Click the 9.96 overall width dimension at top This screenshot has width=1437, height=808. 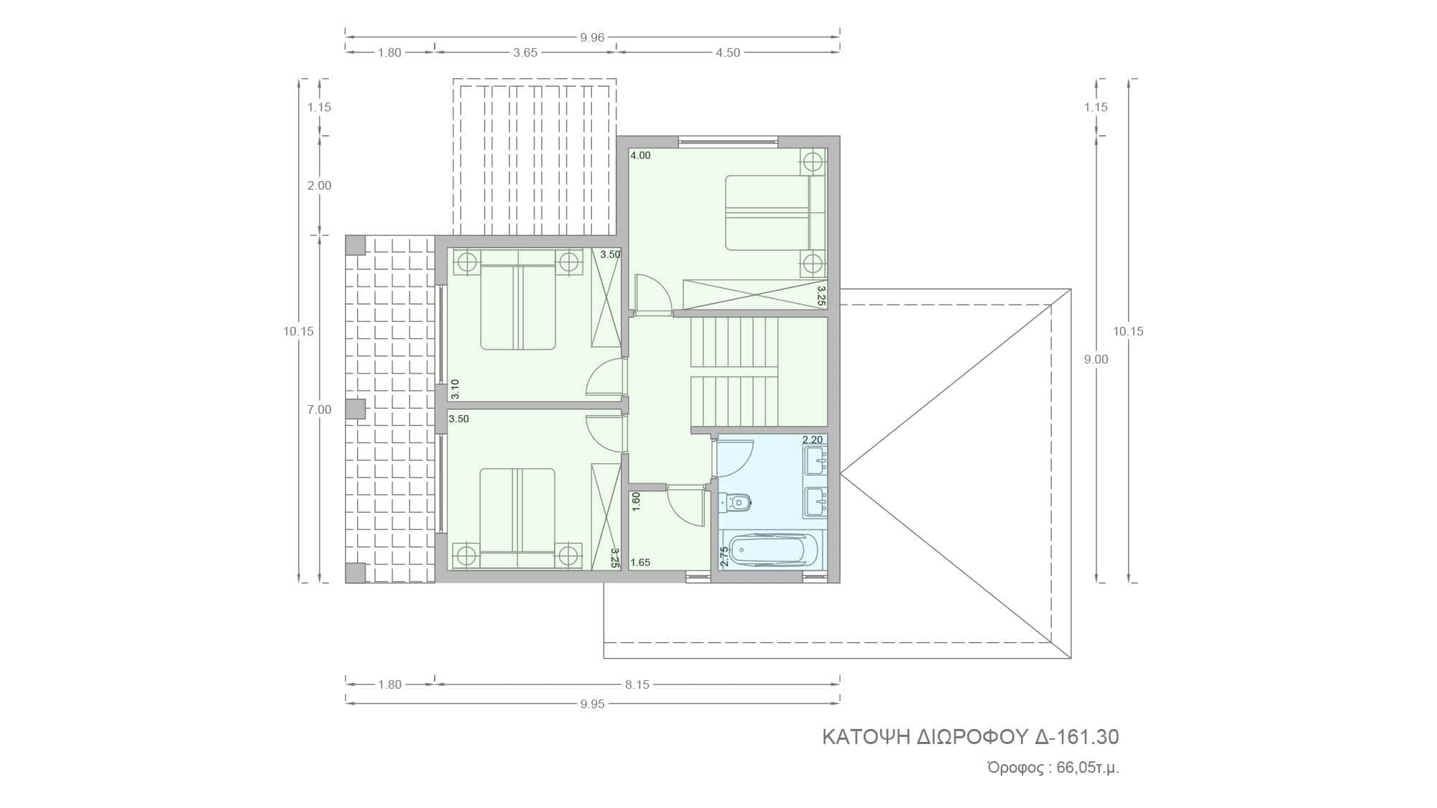point(592,38)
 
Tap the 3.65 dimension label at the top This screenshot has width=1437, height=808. point(525,52)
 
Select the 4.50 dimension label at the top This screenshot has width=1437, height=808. point(728,52)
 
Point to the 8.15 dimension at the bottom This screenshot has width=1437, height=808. point(637,684)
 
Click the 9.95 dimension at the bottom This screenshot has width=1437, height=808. point(592,704)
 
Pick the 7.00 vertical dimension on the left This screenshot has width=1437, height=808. point(319,409)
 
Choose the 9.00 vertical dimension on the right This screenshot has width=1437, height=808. point(1096,359)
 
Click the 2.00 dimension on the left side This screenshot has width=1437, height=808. point(319,185)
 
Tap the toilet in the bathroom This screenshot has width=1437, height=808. point(735,502)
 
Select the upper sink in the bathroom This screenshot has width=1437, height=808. point(815,460)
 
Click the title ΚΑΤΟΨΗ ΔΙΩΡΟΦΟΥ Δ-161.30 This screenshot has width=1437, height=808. point(971,737)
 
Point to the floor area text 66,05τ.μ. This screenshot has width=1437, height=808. point(1088,768)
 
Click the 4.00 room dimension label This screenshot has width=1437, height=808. point(640,155)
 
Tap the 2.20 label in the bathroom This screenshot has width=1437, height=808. point(813,440)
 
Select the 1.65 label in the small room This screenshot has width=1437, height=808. point(640,562)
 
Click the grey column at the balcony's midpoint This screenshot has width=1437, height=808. point(356,409)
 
